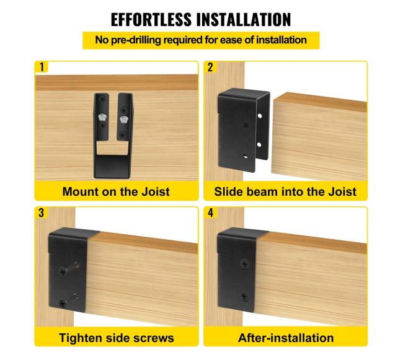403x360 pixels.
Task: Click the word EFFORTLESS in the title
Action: pos(151,19)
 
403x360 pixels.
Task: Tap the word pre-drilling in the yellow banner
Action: pos(136,40)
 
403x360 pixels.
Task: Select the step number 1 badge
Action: pos(42,67)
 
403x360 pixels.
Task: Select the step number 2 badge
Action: pos(210,67)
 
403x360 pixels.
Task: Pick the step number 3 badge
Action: pos(42,213)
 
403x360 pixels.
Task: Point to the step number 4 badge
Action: pos(211,213)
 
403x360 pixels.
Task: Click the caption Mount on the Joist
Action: pos(116,192)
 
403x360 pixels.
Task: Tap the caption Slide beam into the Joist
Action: pos(285,192)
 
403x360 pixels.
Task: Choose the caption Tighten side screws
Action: pos(117,338)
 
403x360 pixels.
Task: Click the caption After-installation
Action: pos(286,338)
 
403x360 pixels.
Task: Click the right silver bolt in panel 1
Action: pos(124,120)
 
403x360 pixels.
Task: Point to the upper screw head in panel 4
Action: pos(244,264)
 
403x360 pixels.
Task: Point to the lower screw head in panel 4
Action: pos(244,297)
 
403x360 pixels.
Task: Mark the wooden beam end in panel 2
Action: pos(319,136)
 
